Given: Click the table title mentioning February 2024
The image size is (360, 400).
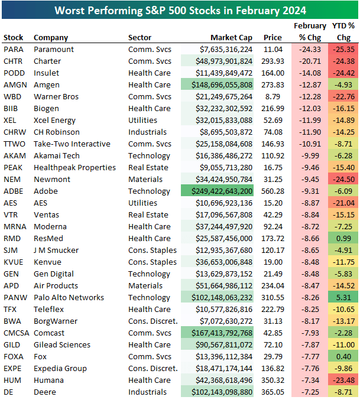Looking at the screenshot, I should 180,10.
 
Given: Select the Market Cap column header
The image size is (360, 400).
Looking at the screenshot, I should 232,38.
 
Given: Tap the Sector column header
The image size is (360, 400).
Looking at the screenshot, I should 140,38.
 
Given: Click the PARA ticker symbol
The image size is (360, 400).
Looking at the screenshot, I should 13,50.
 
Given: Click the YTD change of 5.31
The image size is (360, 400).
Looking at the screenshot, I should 344,298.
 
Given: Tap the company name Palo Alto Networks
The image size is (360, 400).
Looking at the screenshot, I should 69,298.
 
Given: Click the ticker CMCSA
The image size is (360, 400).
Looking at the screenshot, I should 17,333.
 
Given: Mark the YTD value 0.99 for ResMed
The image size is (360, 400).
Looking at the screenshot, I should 344,239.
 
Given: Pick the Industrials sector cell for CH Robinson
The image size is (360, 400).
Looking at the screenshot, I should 147,132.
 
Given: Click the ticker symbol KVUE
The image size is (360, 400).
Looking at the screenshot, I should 14,262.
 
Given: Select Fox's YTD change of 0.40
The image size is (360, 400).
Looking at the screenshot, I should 344,357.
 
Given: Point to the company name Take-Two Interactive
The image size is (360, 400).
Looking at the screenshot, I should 72,144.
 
